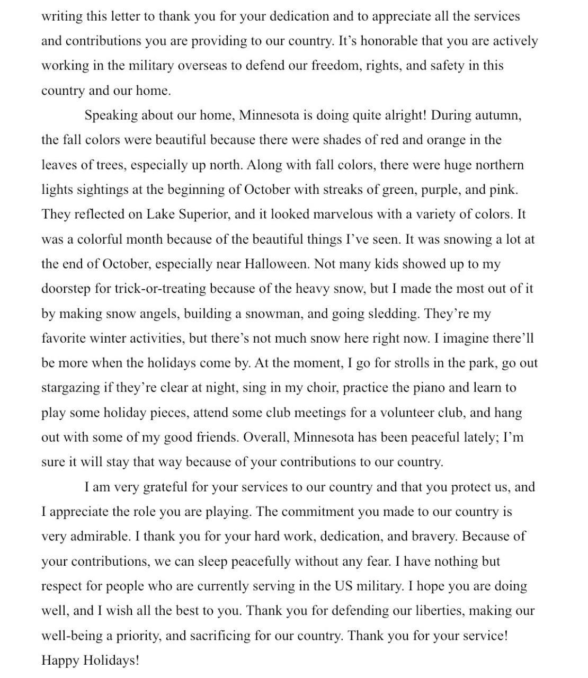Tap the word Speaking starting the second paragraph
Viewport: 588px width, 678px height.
click(111, 115)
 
